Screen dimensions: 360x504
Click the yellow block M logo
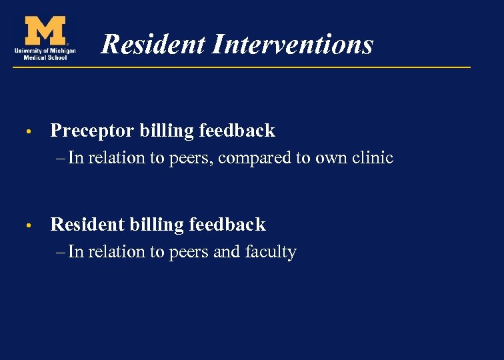pos(45,30)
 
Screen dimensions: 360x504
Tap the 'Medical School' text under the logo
pos(45,57)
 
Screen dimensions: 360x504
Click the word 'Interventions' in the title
pos(293,45)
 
